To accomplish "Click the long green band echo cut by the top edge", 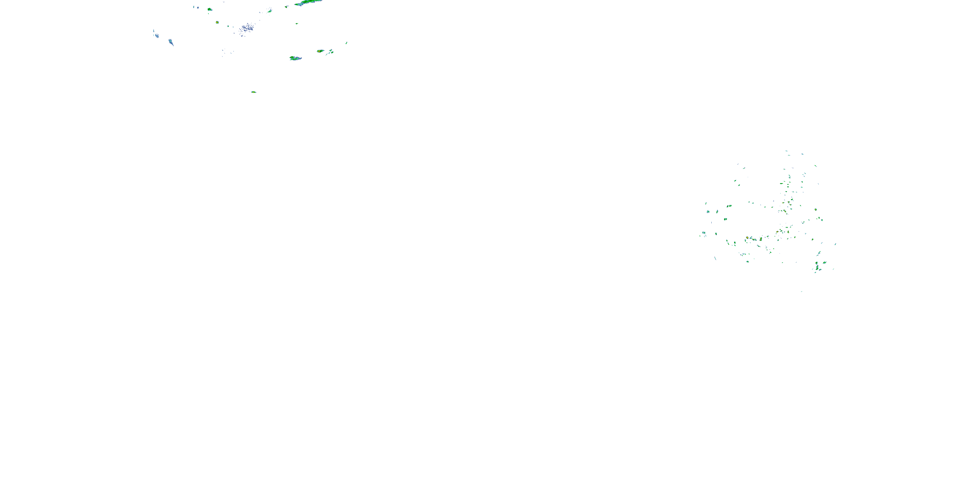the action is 308,2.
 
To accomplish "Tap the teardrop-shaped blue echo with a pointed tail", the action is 171,42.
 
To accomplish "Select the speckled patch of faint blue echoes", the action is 247,29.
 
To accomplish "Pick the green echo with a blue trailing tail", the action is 295,58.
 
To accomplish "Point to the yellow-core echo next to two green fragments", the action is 320,51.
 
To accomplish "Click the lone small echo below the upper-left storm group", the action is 253,92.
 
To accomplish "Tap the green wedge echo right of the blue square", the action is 209,9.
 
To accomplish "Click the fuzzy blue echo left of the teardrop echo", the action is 156,34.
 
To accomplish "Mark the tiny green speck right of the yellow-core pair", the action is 346,43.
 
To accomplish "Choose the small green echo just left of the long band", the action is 286,6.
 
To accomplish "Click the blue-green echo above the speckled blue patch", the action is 269,11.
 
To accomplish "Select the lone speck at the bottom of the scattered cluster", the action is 801,291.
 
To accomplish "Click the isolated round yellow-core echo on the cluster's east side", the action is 816,209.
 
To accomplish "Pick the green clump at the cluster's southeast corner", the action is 818,268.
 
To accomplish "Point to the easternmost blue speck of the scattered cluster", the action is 835,244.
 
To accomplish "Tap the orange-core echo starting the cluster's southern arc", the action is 747,238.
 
